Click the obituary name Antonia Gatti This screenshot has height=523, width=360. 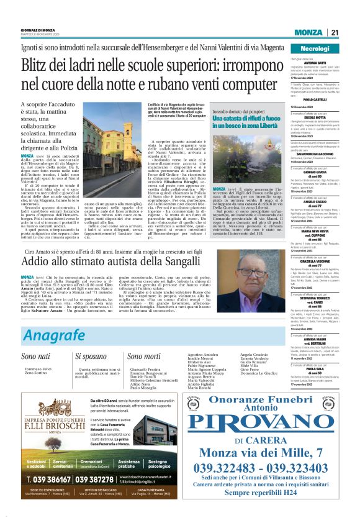click(315, 63)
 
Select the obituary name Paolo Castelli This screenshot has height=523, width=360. click(315, 99)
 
